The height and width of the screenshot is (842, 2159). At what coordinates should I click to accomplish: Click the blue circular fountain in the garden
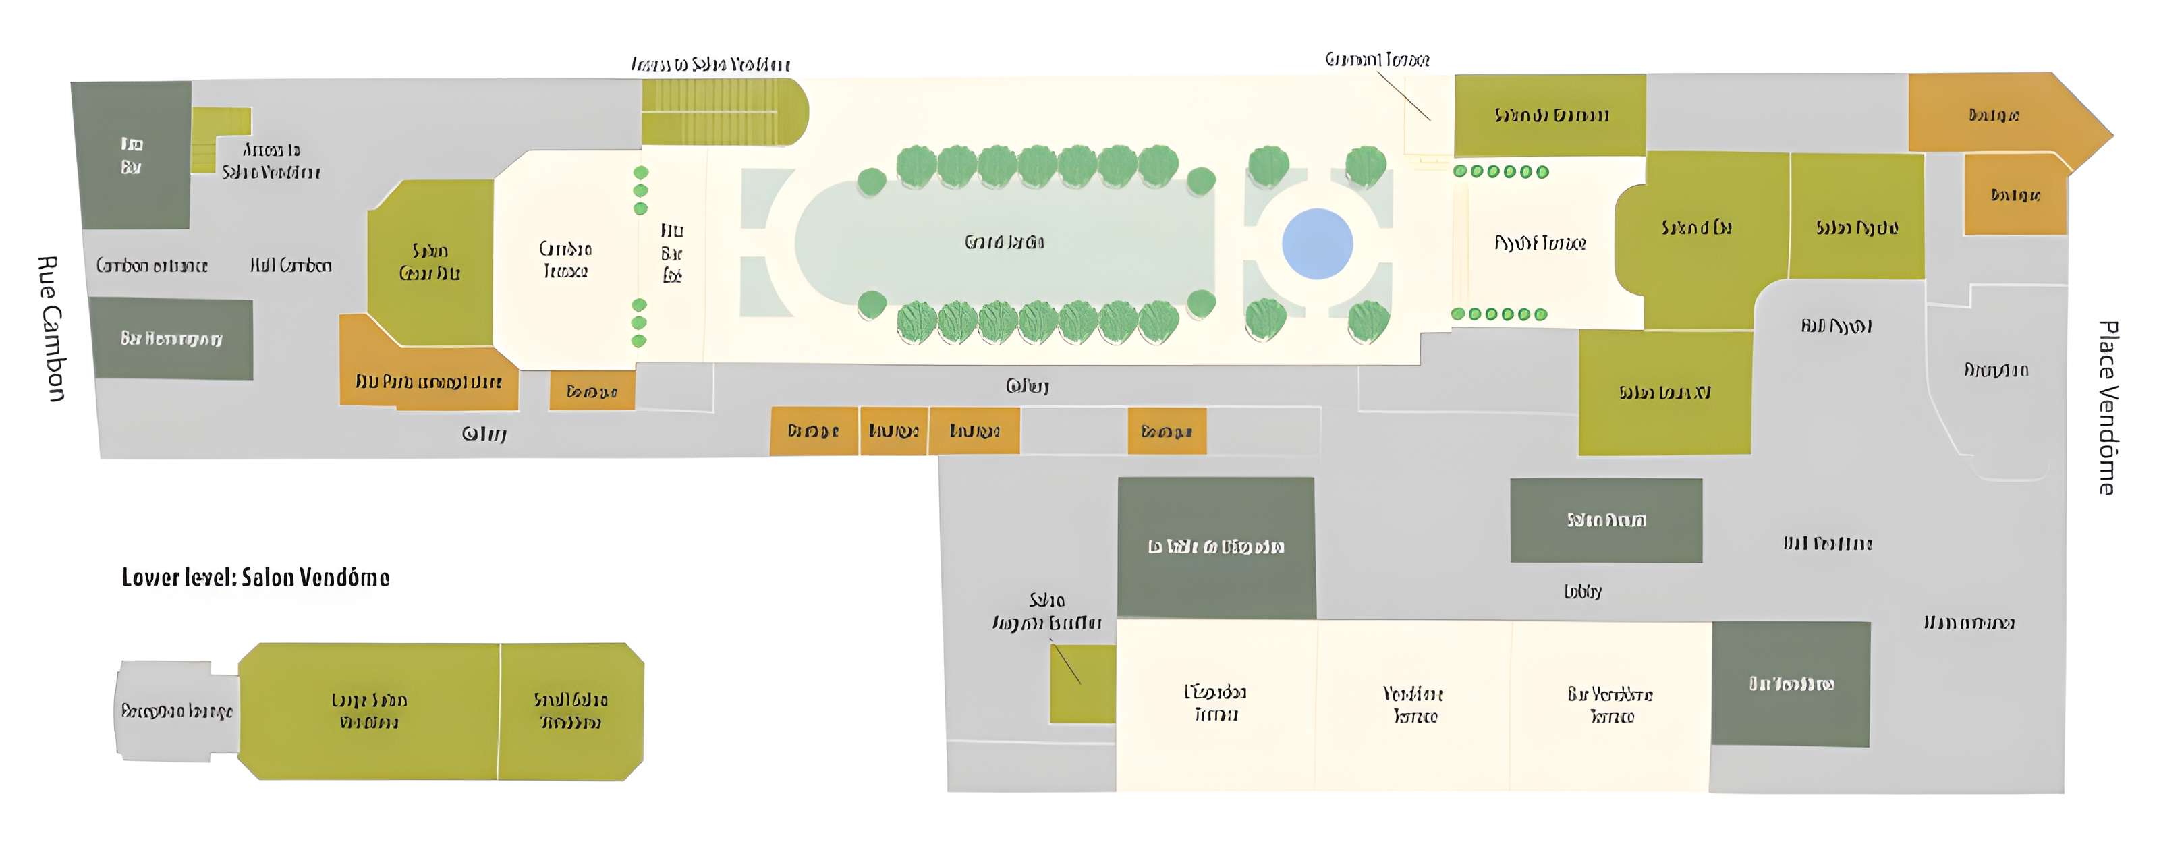coord(1317,243)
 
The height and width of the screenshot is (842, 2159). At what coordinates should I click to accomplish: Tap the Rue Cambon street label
coord(52,329)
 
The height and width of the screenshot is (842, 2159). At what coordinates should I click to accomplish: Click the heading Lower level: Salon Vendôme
coord(256,578)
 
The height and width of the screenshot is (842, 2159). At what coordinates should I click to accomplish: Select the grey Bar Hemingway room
coord(171,339)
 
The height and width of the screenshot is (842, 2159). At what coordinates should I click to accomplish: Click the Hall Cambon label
coord(291,266)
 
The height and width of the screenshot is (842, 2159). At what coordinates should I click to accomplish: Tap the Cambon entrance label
coord(152,266)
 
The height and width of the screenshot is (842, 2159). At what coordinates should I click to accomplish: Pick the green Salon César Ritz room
coord(430,261)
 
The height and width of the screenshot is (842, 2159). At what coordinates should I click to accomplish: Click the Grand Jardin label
coord(1004,243)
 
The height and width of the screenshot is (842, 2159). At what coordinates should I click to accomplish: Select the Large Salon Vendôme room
coord(369,710)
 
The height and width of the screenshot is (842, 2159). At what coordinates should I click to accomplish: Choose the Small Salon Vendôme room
coord(571,710)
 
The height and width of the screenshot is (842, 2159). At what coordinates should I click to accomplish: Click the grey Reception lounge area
coord(176,711)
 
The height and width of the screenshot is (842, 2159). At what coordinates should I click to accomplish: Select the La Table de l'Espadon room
coord(1215,546)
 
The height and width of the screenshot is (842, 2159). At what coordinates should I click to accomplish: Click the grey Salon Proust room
coord(1606,520)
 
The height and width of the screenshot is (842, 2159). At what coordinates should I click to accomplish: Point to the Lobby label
coord(1582,592)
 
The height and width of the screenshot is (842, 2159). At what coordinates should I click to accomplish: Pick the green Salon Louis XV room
coord(1664,392)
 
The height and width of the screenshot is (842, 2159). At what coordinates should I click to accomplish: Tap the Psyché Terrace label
coord(1540,243)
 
